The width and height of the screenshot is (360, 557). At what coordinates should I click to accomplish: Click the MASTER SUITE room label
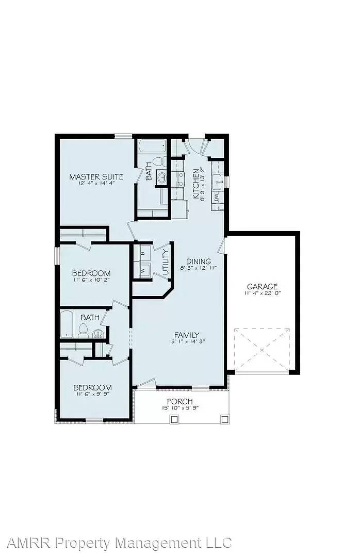pos(96,177)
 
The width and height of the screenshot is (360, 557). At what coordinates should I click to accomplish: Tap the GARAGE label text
pos(262,286)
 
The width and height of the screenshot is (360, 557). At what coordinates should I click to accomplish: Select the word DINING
pos(199,261)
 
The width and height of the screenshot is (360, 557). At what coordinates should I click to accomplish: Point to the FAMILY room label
pos(186,335)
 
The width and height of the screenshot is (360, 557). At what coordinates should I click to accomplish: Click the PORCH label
pos(179,401)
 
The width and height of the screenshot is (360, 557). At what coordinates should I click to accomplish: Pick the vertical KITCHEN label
pos(196,184)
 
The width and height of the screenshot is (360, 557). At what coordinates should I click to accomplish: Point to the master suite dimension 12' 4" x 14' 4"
pos(96,184)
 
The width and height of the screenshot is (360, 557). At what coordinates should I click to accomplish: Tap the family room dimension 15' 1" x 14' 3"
pos(186,341)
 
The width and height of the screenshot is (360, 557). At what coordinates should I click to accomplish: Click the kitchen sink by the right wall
pos(218,181)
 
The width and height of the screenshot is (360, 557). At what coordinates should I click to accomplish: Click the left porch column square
pos(174,419)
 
